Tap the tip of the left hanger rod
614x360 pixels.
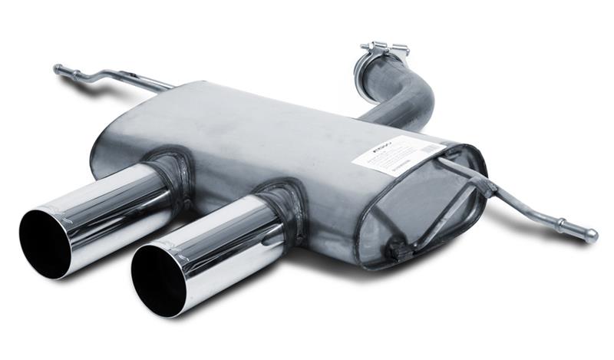[x=57, y=68]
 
